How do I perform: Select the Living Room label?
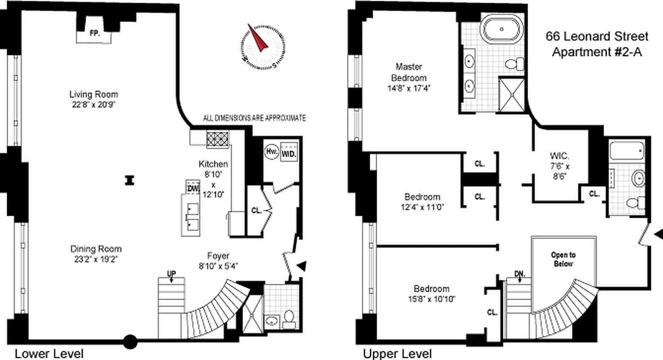coord(94,94)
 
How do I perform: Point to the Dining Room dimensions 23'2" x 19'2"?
coord(96,259)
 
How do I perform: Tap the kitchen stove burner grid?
coord(218,139)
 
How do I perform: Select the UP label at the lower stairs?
coord(171,273)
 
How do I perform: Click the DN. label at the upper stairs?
coord(519,273)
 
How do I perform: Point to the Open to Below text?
coord(563,259)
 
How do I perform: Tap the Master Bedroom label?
coord(409,72)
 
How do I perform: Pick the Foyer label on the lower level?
coord(219,256)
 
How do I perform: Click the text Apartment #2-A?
coord(597,52)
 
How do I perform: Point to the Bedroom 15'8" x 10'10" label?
coord(432,293)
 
